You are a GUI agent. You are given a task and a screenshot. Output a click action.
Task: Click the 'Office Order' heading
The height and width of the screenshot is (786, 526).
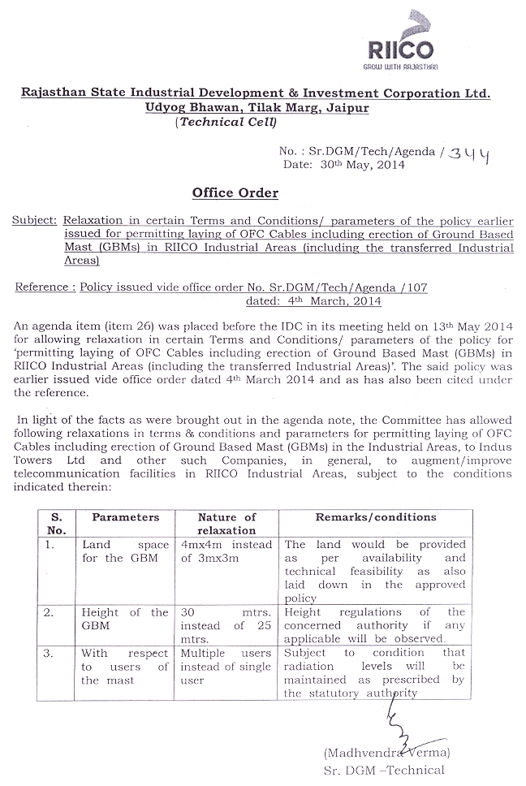click(x=235, y=192)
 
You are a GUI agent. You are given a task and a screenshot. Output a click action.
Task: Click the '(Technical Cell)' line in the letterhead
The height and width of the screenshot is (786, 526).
click(x=225, y=122)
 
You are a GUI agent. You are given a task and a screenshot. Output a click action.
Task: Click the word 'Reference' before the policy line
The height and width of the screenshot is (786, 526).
click(x=43, y=287)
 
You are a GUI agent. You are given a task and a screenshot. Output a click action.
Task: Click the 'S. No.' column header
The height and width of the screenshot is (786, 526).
click(x=56, y=523)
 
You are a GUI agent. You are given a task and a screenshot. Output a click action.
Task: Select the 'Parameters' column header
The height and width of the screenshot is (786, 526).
click(x=125, y=517)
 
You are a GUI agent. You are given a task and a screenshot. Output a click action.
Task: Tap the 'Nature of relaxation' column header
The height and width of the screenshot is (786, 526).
click(x=226, y=523)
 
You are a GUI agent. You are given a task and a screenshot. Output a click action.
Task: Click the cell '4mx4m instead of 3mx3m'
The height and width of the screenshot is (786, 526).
click(x=226, y=551)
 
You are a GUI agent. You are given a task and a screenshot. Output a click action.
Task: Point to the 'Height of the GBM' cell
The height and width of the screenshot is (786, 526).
click(x=125, y=619)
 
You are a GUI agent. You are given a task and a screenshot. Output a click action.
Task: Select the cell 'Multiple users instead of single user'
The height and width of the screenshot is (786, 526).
click(x=226, y=666)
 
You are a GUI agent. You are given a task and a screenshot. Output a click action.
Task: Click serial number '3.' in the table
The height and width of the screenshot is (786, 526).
click(x=50, y=653)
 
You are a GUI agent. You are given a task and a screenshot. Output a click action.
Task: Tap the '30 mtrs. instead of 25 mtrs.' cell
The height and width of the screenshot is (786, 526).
click(x=226, y=625)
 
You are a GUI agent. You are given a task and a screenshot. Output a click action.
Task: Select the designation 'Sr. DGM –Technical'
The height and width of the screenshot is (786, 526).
click(x=395, y=770)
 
